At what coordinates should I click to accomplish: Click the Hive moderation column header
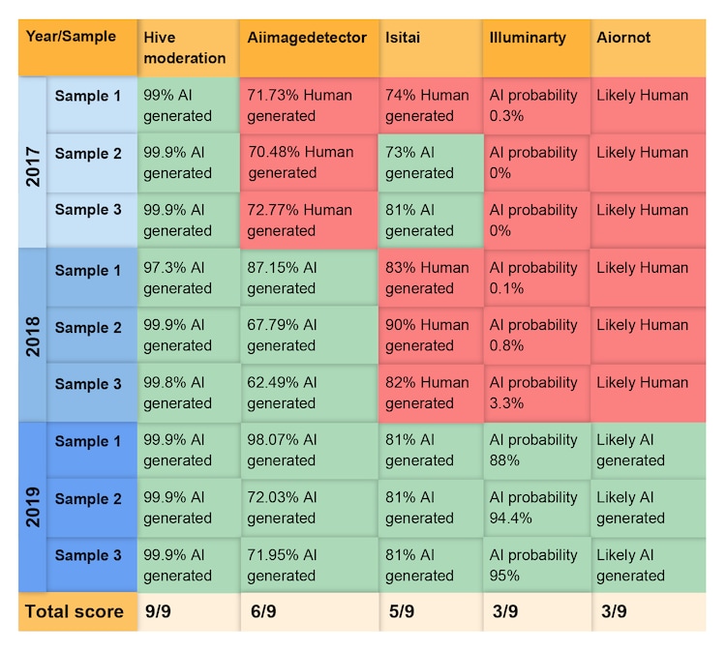point(185,47)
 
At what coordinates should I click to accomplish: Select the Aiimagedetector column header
point(307,39)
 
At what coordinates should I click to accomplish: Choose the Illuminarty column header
point(528,39)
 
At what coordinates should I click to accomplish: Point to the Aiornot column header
point(623,39)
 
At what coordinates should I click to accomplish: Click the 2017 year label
point(33,163)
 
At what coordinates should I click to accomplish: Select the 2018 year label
point(33,335)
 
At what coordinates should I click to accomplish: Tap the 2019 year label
point(33,507)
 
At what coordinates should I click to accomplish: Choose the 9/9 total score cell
point(160,611)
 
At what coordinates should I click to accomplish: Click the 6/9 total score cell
point(263,611)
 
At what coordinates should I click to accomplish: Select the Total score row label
point(75,611)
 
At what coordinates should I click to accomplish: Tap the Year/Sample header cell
point(71,39)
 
